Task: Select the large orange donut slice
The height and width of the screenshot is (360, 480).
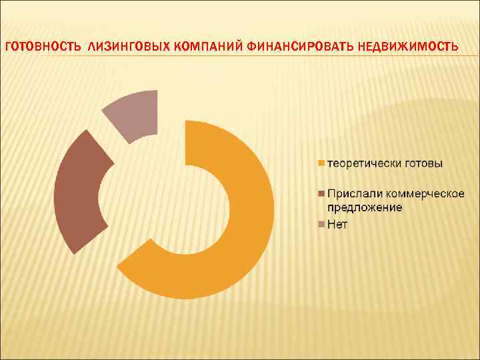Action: tap(247, 240)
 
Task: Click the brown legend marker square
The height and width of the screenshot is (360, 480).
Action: tap(320, 193)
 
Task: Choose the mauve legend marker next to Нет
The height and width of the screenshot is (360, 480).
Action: tap(320, 224)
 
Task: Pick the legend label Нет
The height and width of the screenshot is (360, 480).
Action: tap(337, 224)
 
